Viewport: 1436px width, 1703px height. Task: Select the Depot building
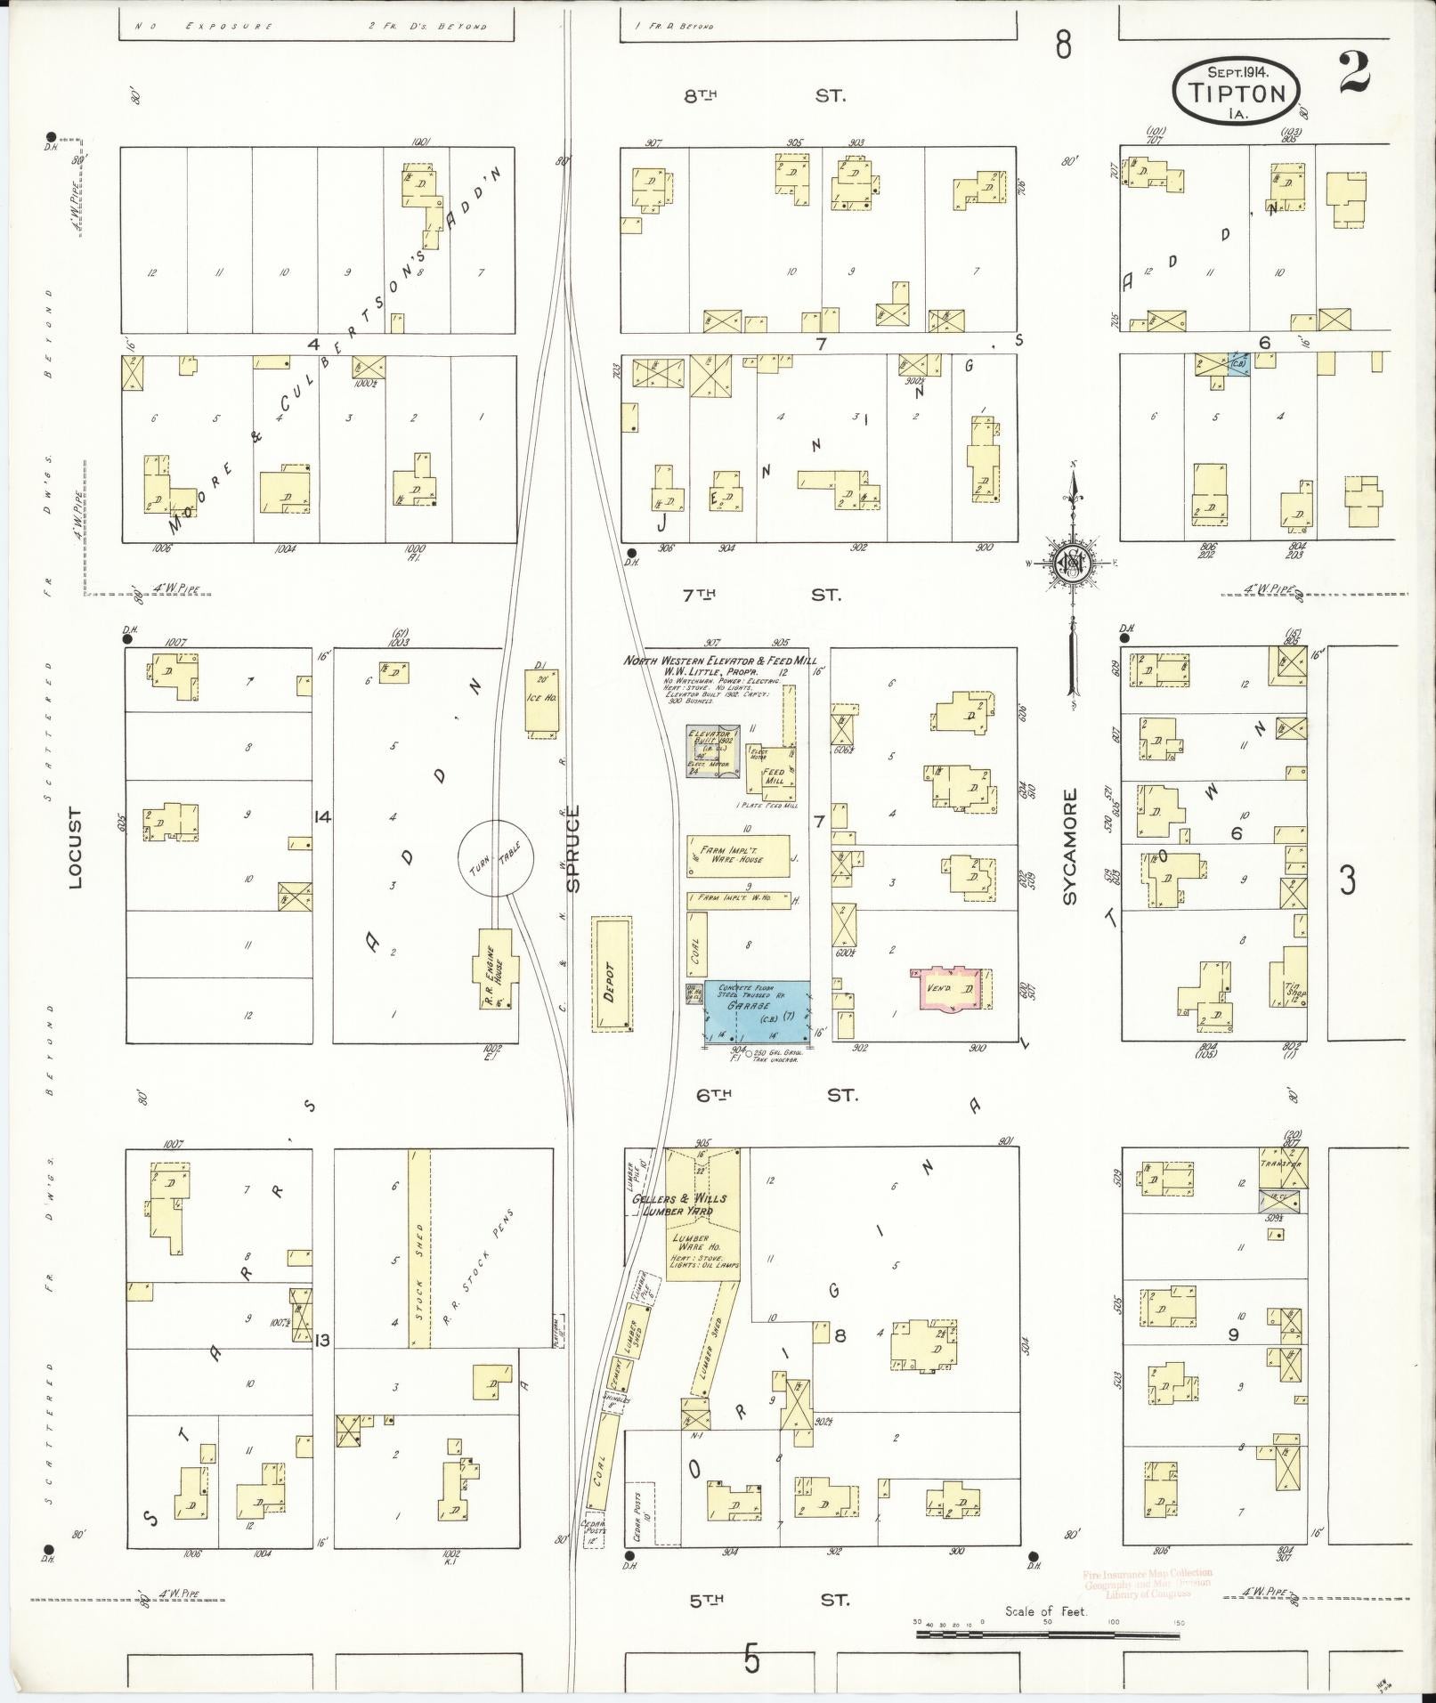pos(613,975)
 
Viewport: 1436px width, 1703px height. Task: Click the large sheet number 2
pos(1353,76)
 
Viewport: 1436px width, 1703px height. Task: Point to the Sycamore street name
pos(1070,846)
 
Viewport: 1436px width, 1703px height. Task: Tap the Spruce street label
pos(573,847)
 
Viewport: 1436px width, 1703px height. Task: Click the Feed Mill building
pos(771,774)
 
